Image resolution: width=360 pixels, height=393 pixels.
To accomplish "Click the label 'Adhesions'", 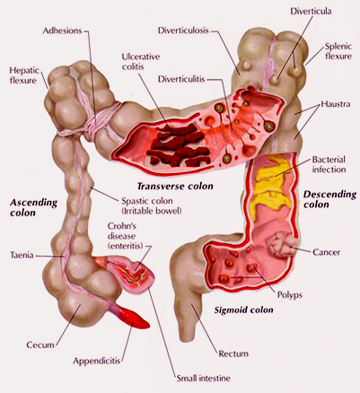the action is (62, 31).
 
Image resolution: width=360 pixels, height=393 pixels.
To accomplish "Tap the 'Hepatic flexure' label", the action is (24, 75).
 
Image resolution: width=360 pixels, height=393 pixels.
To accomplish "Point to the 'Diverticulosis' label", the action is (183, 31).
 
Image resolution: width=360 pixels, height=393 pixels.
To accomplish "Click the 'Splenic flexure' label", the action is (338, 51).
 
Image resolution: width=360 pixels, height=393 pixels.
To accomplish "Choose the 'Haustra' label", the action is (336, 104).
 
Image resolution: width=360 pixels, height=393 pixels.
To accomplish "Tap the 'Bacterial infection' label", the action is (329, 164).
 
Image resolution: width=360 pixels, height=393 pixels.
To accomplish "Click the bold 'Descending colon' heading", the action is (329, 199).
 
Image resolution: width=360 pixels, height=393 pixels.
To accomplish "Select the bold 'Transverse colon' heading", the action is (175, 187).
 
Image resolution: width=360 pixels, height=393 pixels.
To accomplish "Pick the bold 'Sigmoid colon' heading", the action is (243, 310).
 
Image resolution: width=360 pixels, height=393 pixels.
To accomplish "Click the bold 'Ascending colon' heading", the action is (33, 207).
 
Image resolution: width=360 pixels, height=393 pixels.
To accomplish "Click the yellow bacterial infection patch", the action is (271, 184).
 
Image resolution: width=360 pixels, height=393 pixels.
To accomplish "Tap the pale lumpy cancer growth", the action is (281, 244).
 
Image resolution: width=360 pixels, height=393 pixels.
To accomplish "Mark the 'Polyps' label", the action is (290, 295).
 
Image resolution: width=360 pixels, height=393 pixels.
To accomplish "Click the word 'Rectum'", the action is (233, 354).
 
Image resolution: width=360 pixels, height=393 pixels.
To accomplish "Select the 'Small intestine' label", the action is (204, 379).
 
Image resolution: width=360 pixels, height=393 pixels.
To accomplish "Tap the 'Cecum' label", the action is (40, 345).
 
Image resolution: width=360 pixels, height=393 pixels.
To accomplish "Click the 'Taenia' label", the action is (22, 255).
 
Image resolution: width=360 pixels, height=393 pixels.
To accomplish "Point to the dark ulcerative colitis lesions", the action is (179, 144).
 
